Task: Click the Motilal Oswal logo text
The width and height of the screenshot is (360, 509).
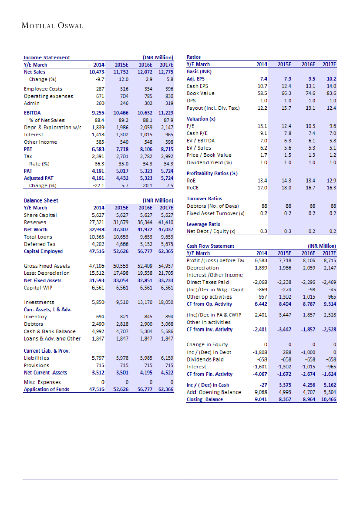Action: pyautogui.click(x=52, y=26)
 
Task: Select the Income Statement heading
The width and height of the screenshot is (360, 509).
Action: pyautogui.click(x=47, y=57)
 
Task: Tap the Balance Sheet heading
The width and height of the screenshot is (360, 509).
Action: pyautogui.click(x=41, y=200)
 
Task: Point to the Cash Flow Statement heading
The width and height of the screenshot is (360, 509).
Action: pyautogui.click(x=210, y=246)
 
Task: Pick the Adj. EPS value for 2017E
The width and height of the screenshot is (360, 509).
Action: pyautogui.click(x=331, y=79)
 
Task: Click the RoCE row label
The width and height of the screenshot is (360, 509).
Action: pyautogui.click(x=192, y=188)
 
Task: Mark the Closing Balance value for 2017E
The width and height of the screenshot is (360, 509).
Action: pyautogui.click(x=328, y=399)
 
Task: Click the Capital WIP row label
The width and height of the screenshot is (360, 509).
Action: pyautogui.click(x=39, y=288)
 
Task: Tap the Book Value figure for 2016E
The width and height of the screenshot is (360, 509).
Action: pyautogui.click(x=309, y=93)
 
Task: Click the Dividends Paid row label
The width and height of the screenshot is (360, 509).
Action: pyautogui.click(x=205, y=359)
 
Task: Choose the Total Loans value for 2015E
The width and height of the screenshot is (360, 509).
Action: pyautogui.click(x=120, y=237)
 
